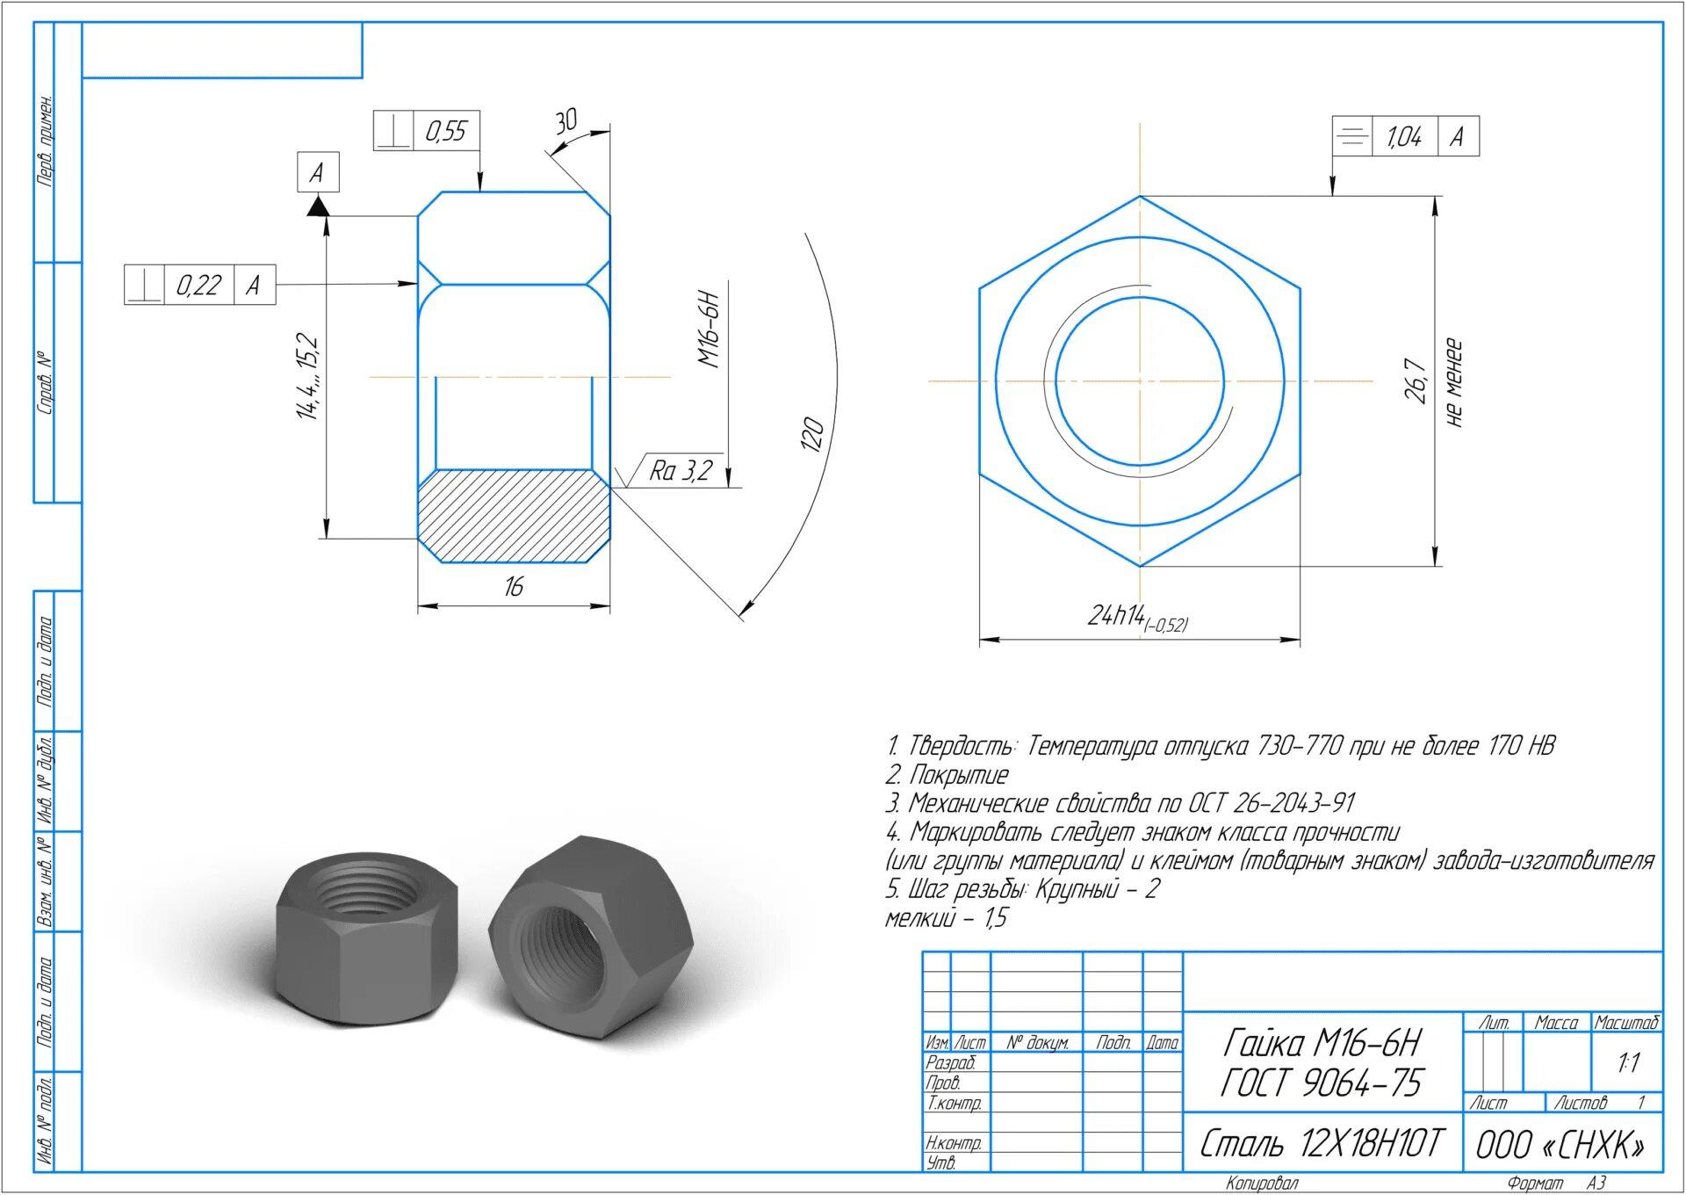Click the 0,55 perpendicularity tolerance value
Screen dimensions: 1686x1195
(x=446, y=132)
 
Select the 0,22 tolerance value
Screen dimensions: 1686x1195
(x=198, y=285)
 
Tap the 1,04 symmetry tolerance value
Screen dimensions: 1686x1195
(x=1404, y=136)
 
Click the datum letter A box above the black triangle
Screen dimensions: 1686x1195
(x=317, y=172)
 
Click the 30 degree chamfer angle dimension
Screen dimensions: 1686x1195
(x=566, y=120)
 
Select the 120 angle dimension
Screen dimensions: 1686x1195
(x=812, y=434)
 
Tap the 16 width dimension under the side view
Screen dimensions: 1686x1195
(x=514, y=586)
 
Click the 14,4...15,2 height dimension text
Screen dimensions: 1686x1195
(x=308, y=376)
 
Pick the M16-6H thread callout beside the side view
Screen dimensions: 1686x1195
(x=710, y=330)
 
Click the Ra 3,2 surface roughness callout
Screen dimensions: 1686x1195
(x=681, y=471)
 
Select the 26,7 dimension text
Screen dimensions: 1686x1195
(x=1416, y=380)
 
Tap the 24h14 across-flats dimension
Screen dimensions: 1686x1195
(x=1137, y=618)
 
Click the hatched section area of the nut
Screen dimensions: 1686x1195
(x=514, y=515)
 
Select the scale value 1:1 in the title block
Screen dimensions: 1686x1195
(x=1628, y=1063)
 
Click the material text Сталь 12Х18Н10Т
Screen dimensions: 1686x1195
(x=1322, y=1143)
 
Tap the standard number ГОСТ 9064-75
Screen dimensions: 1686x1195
(x=1322, y=1083)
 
